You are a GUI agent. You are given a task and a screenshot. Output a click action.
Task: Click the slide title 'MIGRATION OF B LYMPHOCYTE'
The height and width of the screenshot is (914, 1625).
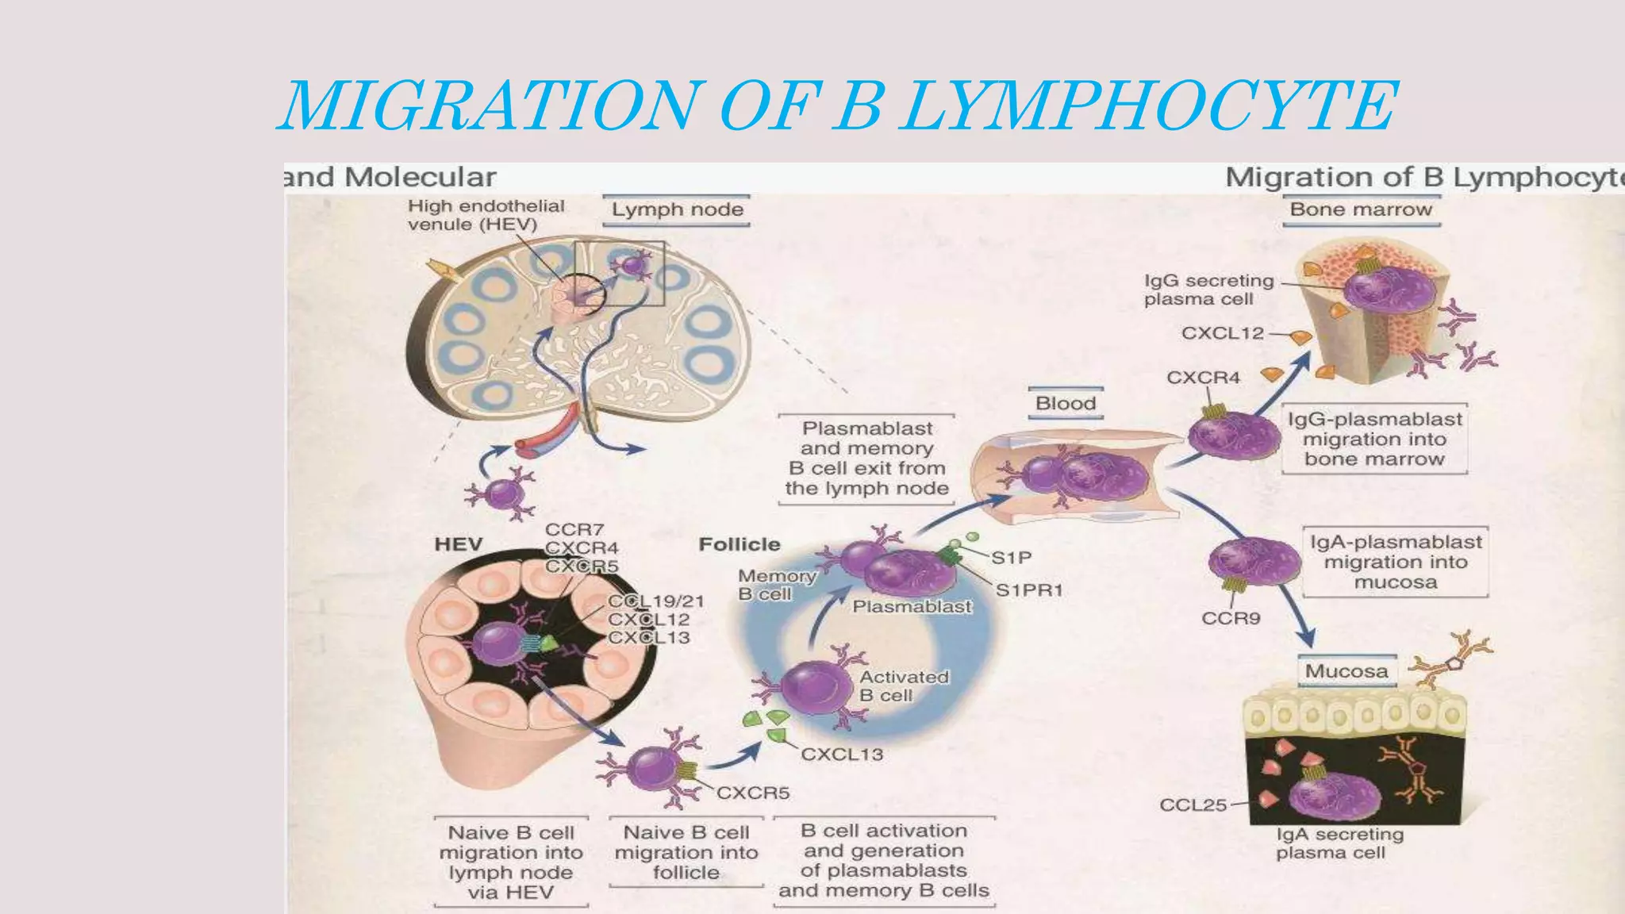(837, 106)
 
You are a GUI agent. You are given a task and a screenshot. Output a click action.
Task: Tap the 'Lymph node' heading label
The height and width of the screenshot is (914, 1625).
(677, 210)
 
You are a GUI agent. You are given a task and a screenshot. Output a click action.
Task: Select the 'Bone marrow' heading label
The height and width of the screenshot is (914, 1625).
(1361, 210)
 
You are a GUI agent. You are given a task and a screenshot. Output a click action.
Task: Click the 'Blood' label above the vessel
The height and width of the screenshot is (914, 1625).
(1065, 404)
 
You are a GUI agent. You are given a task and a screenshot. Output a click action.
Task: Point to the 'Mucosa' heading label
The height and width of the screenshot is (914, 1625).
(1346, 671)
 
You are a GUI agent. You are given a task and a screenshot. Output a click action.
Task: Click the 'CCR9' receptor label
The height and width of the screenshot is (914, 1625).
(1231, 619)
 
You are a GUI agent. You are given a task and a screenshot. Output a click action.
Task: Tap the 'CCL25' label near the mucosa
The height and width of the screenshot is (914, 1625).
(1193, 805)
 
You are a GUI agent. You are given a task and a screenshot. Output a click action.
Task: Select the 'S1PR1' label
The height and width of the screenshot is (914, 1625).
(1028, 590)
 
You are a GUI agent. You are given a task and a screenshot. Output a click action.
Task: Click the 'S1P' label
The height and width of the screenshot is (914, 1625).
(1011, 558)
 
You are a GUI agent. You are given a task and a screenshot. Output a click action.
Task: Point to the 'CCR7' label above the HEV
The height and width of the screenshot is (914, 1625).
(574, 529)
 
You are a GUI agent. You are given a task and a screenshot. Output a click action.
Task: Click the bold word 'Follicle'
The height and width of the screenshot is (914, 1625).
(739, 544)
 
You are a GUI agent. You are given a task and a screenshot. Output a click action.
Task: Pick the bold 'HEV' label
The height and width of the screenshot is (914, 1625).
(459, 544)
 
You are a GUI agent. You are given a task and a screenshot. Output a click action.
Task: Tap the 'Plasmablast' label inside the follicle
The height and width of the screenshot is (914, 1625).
(912, 607)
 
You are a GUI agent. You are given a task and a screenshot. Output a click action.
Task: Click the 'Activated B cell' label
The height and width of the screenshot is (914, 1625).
(904, 686)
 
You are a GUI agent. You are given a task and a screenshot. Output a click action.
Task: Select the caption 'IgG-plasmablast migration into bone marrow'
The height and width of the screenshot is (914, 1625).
(1374, 440)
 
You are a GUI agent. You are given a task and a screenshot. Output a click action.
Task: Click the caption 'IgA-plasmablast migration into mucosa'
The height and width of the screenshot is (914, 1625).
(1395, 562)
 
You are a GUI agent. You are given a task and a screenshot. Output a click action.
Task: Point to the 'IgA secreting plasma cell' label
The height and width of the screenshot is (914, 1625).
(1339, 843)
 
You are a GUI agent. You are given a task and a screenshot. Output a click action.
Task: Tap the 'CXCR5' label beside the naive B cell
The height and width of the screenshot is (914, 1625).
(752, 793)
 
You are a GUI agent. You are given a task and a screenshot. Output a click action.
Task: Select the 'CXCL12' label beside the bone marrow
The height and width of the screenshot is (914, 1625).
(1222, 333)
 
